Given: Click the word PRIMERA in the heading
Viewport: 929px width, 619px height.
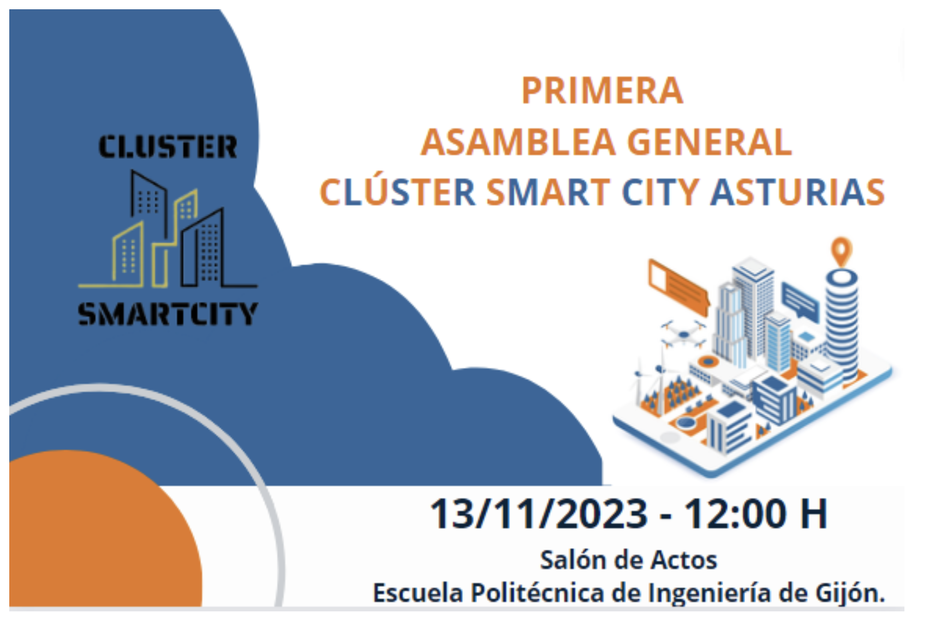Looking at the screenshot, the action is coord(602,91).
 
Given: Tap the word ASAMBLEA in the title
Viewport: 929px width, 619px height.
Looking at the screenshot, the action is coord(519,142).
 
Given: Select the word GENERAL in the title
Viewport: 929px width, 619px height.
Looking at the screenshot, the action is coord(710,142).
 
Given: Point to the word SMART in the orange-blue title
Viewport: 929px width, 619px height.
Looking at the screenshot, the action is coord(548,192).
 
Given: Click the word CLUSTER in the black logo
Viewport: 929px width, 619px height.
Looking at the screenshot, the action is coord(168,146).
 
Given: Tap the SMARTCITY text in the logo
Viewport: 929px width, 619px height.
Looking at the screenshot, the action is coord(168,314).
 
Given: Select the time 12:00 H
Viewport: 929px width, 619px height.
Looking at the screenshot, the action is coord(755,514).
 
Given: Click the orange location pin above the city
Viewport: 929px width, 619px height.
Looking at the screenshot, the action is coord(841,252).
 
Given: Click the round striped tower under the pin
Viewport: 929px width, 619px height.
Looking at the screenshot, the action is coord(842,324).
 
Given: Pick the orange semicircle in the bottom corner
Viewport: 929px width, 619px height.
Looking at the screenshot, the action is coord(106,528).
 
